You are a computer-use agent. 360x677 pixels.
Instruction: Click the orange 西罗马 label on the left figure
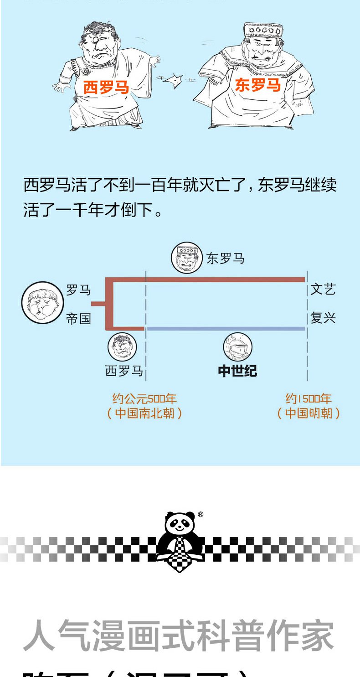[x=106, y=87]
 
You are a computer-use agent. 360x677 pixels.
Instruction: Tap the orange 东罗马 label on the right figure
[x=257, y=85]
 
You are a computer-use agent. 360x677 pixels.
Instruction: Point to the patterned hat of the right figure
[x=263, y=31]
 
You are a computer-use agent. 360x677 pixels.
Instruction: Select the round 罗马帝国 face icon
[x=41, y=303]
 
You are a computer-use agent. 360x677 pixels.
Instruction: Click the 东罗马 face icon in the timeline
[x=186, y=258]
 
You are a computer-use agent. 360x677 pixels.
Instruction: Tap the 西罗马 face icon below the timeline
[x=122, y=346]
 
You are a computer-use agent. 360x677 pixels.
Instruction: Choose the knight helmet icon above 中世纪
[x=237, y=347]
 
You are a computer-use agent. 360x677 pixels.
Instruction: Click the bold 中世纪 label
[x=237, y=371]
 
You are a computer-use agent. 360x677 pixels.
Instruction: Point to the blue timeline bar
[x=226, y=328]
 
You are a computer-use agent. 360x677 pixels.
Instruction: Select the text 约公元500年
[x=144, y=399]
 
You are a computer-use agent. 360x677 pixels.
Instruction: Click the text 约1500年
[x=309, y=399]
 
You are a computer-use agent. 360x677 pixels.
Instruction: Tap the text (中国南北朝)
[x=144, y=413]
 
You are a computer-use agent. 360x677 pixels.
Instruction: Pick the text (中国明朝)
[x=309, y=413]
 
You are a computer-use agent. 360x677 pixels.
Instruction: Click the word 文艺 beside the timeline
[x=323, y=289]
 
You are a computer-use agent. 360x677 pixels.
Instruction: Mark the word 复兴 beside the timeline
[x=323, y=318]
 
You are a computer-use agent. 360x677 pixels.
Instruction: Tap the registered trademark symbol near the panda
[x=201, y=515]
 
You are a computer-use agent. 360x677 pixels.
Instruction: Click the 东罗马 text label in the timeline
[x=226, y=258]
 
